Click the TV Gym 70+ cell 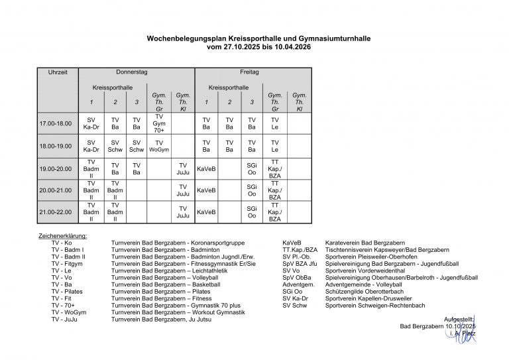[159, 124]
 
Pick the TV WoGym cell [159, 146]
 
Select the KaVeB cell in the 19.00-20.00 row [206, 168]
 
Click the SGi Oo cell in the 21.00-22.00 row [252, 212]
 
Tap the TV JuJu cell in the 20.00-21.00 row [183, 190]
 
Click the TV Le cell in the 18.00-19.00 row [275, 146]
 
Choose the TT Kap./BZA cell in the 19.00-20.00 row [275, 168]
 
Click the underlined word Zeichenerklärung [63, 235]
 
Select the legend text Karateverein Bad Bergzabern [365, 243]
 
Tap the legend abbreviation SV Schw [296, 305]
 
